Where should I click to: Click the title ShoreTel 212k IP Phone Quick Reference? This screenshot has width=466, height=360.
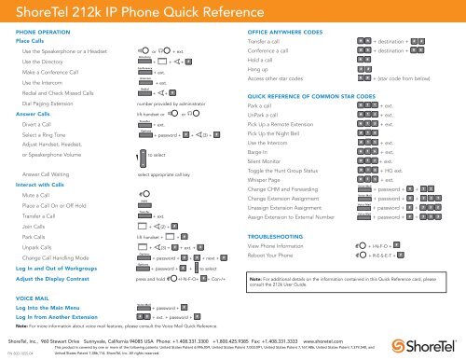120,11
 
